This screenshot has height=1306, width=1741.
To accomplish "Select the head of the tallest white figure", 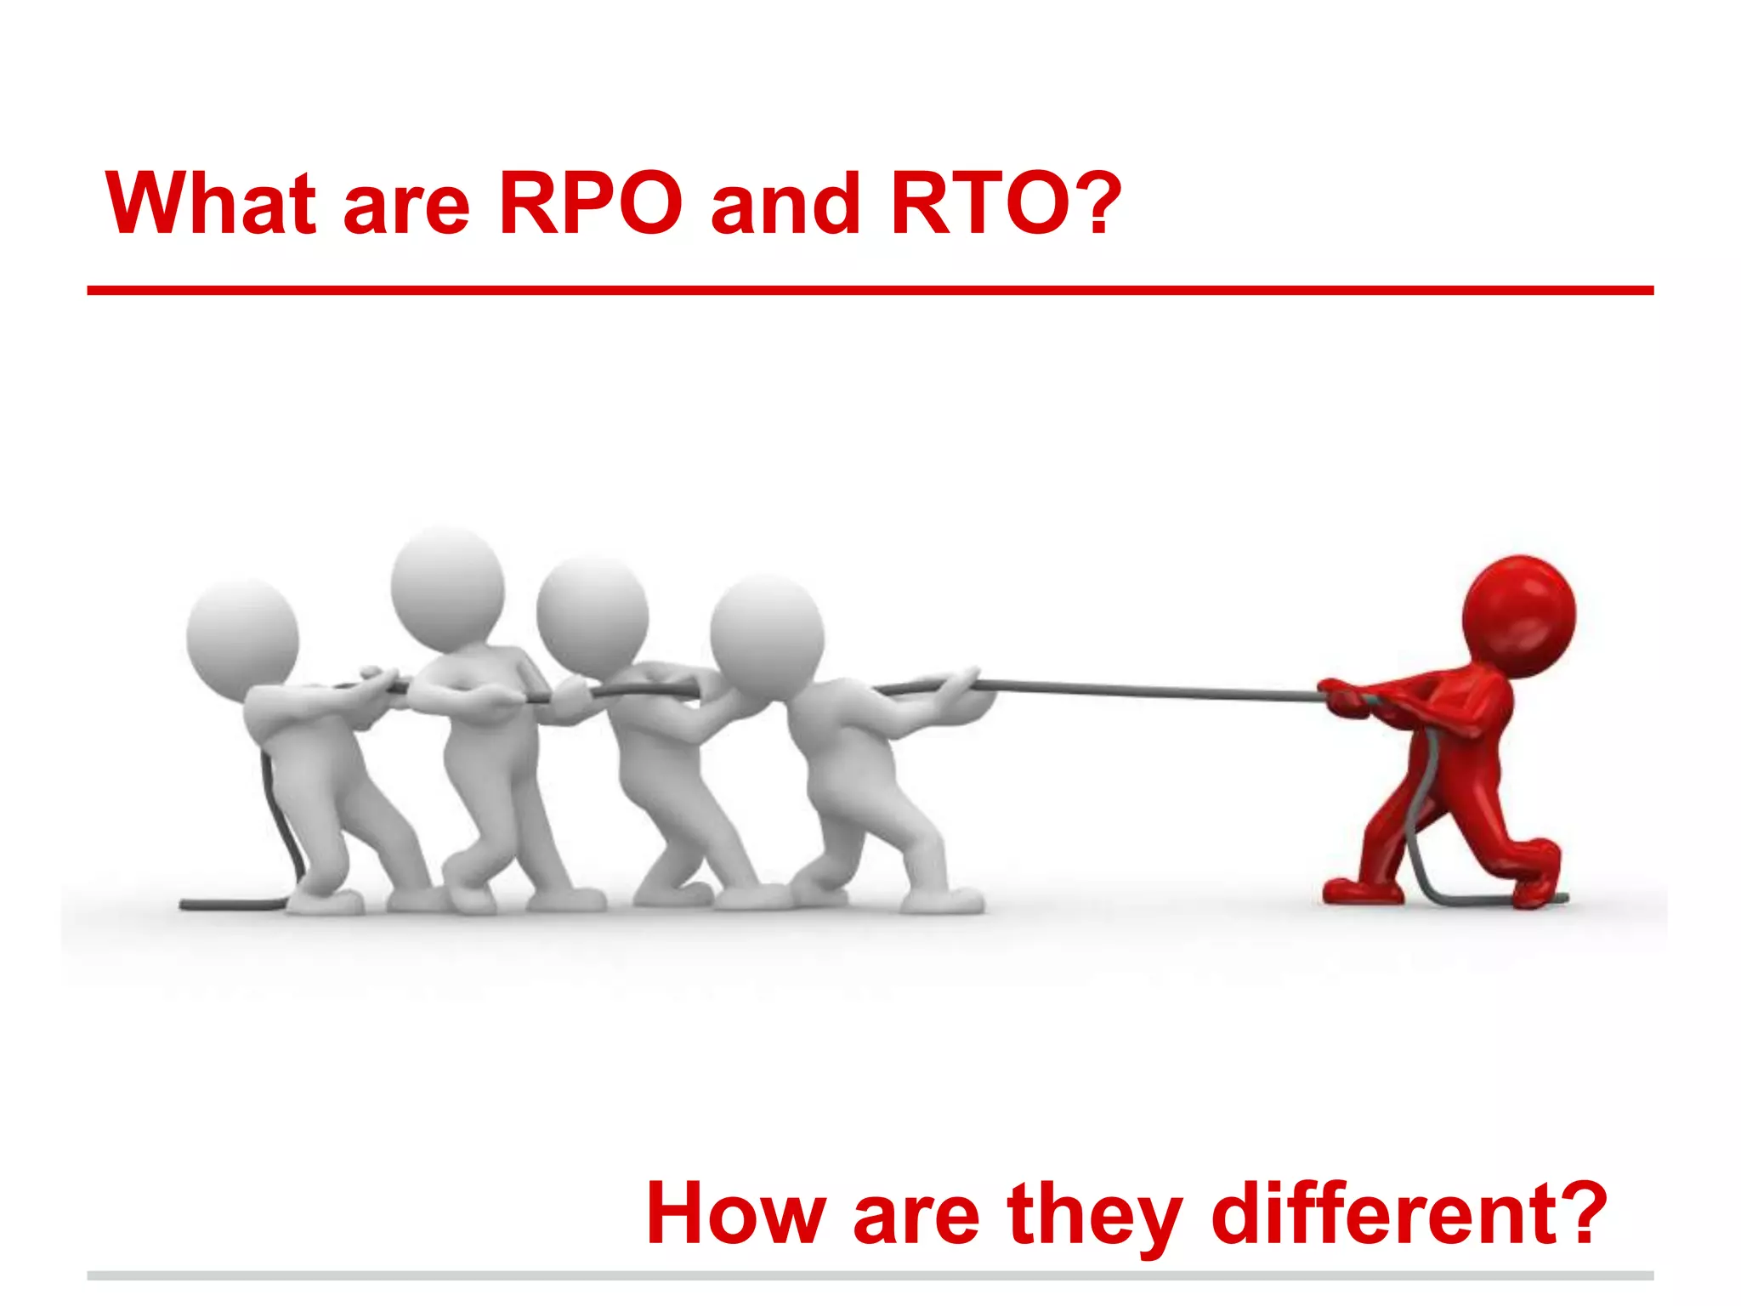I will (x=447, y=585).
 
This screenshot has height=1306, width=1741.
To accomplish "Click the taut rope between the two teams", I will (x=1148, y=690).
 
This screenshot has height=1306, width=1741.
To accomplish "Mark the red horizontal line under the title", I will (x=870, y=291).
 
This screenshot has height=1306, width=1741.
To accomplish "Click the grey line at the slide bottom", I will (x=870, y=1275).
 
